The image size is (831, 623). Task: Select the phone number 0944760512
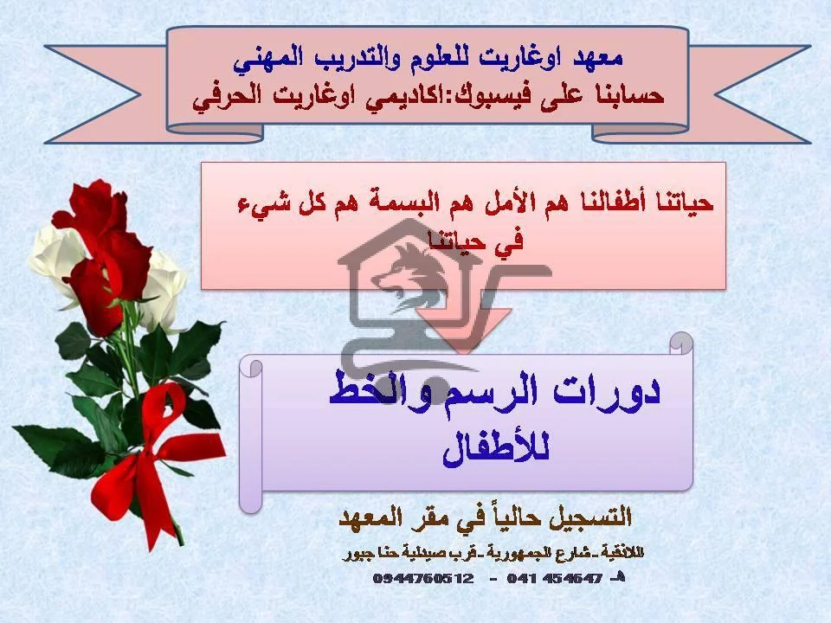point(423,578)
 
